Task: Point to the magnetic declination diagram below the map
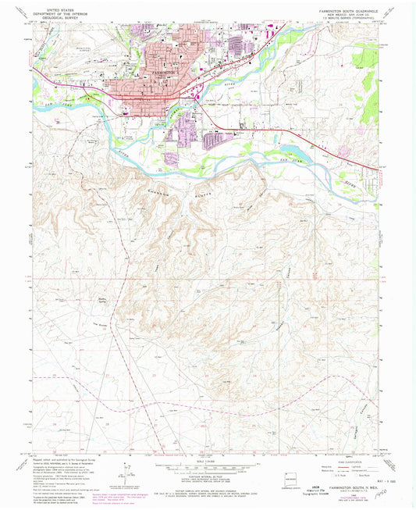click(x=123, y=473)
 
